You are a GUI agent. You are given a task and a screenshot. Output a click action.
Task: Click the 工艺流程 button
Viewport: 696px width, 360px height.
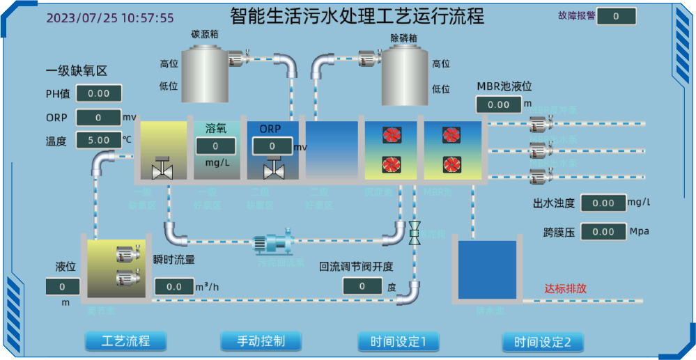[126, 341]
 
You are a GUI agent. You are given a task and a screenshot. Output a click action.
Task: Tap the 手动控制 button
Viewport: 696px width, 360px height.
[261, 341]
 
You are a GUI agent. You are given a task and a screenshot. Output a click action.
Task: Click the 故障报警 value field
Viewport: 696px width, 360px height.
[617, 16]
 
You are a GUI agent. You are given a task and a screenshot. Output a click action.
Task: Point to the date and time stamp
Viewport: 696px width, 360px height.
[110, 18]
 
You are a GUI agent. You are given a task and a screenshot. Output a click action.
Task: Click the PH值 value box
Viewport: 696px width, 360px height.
[99, 93]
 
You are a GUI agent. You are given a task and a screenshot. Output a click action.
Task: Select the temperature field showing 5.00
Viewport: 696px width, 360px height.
[99, 140]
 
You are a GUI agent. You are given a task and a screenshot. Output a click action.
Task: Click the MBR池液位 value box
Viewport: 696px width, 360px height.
[499, 104]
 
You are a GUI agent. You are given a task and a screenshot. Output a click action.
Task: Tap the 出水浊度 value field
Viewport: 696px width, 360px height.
[603, 203]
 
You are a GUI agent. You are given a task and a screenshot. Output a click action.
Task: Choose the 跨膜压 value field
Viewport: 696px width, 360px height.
[603, 232]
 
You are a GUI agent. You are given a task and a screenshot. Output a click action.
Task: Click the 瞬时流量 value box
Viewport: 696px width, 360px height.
[174, 287]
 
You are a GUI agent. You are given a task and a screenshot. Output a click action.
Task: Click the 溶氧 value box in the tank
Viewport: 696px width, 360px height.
[215, 146]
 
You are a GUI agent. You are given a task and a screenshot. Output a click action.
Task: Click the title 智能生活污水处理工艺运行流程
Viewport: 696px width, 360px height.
[357, 15]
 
